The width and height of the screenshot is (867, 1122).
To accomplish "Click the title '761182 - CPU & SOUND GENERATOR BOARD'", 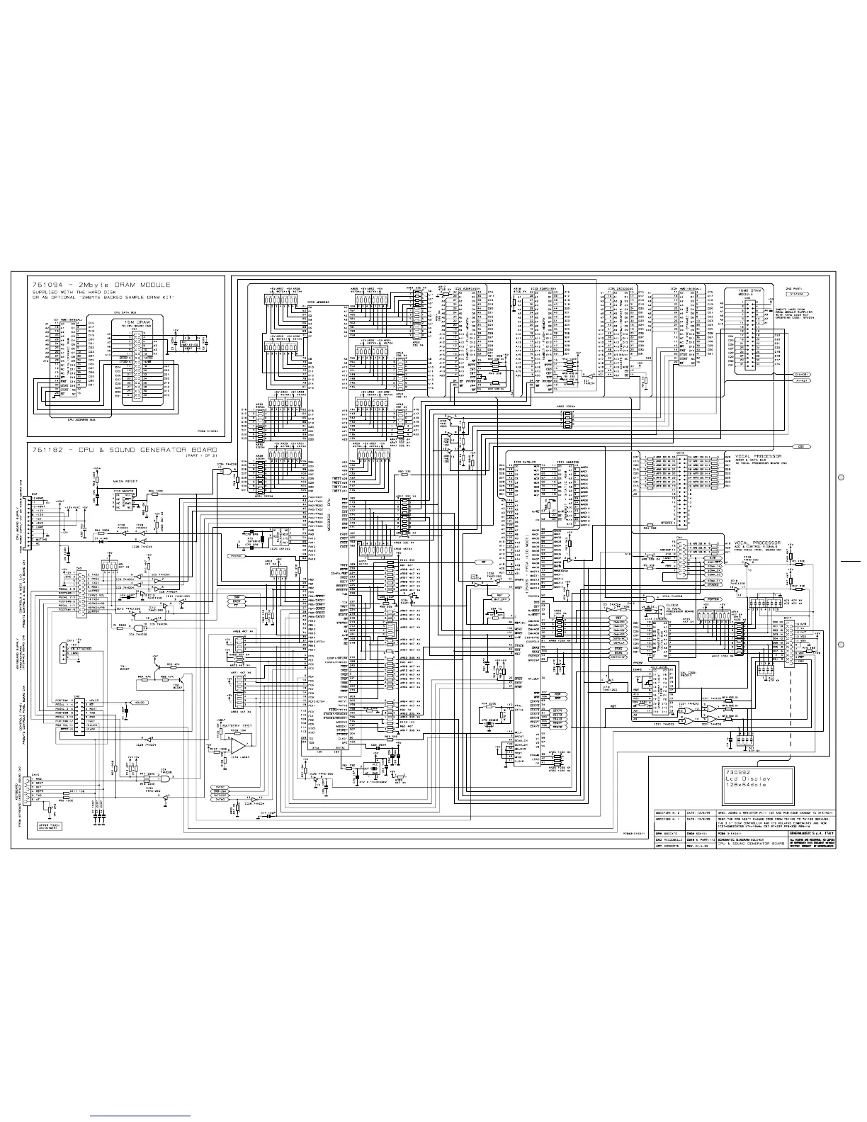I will click(124, 450).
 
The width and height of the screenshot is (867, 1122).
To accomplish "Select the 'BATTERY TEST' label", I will click(237, 727).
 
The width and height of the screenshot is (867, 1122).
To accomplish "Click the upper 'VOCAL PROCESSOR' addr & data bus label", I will click(752, 455).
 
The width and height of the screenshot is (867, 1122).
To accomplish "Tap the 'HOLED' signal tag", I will click(139, 703).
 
